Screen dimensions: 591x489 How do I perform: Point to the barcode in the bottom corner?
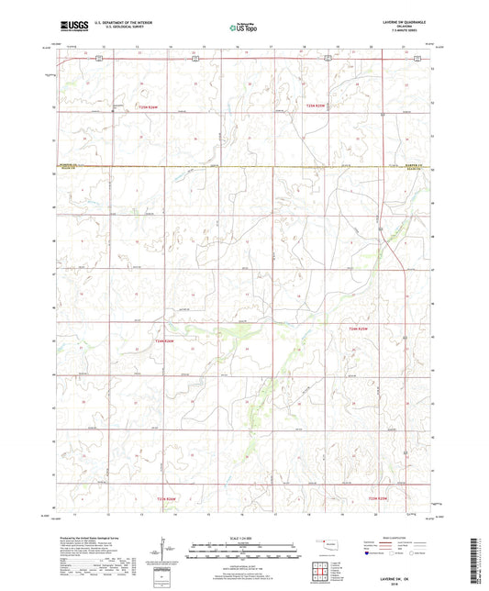click(474, 560)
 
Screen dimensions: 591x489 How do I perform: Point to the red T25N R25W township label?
click(317, 106)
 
